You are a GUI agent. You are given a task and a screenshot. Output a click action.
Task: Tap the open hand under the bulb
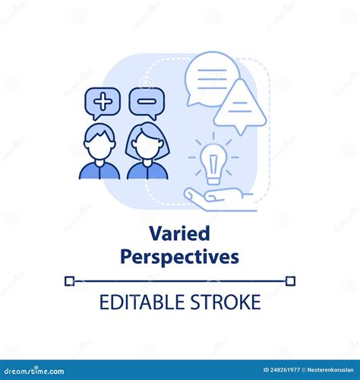click(219, 199)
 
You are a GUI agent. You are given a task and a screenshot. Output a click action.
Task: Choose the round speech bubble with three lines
click(211, 79)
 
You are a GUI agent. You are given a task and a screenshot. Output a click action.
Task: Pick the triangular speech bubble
click(240, 106)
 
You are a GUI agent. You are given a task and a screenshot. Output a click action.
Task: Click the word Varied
click(179, 233)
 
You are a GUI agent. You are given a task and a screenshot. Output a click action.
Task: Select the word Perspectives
click(179, 257)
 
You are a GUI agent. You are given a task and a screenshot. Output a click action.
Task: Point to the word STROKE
click(226, 302)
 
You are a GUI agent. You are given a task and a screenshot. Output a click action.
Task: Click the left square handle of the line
click(69, 281)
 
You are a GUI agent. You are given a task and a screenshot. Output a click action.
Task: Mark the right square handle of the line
click(290, 281)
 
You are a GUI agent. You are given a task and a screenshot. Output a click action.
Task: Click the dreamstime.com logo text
click(34, 371)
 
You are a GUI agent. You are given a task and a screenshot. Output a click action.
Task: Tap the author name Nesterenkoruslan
click(330, 370)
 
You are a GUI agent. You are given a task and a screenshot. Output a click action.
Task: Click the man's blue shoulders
click(99, 171)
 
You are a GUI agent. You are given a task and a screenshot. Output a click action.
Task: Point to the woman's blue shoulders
click(147, 171)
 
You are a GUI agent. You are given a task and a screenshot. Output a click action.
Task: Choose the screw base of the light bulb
click(213, 181)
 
